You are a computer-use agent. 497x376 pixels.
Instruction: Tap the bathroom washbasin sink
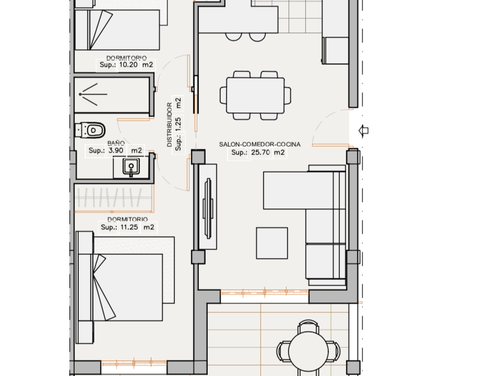coord(131,167)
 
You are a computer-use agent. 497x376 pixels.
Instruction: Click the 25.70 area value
coord(261,153)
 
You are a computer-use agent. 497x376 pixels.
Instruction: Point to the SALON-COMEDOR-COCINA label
coord(253,144)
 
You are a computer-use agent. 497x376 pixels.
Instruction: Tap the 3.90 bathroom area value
coord(116,150)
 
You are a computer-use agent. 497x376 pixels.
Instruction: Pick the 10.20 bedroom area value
coord(128,65)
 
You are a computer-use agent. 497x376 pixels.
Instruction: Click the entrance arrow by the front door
coord(363,130)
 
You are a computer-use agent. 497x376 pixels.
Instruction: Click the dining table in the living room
coord(255,96)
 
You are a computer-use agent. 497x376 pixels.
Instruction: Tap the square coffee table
coord(271,243)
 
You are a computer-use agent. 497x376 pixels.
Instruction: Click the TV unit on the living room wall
coord(208,207)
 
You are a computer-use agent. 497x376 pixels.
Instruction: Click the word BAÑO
coord(116,143)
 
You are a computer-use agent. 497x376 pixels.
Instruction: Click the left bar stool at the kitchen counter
coord(234,37)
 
